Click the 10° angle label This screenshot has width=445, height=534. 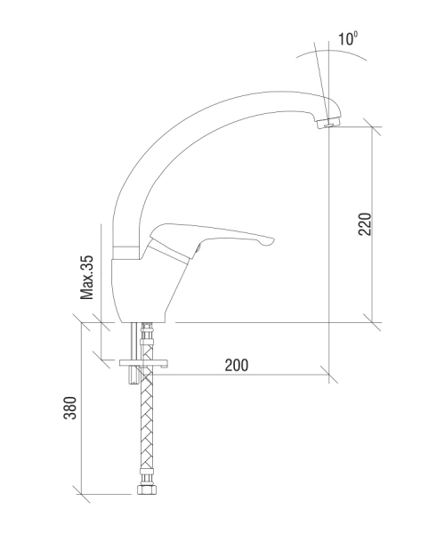coord(348,38)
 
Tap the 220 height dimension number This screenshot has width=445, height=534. coord(365,223)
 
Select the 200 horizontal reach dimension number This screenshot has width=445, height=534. coord(237,366)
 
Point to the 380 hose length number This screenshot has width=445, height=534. coord(70,408)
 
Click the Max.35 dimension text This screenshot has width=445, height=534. coord(86,277)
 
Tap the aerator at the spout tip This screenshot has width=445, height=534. coord(327,123)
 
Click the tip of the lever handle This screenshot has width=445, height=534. coord(272,241)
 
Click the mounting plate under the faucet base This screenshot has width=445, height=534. coord(143,363)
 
